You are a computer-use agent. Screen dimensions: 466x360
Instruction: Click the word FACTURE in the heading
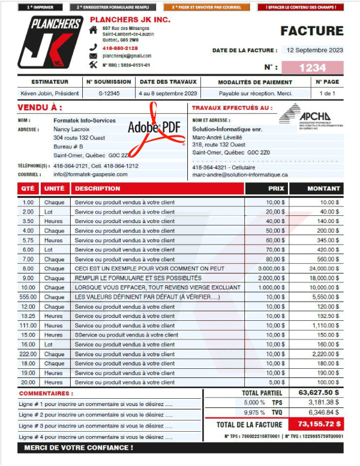click(x=312, y=31)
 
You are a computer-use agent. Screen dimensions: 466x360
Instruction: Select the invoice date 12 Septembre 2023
click(x=314, y=50)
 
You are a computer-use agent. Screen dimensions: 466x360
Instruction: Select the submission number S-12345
click(x=109, y=94)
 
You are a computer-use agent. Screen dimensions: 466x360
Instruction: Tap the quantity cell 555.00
click(x=28, y=297)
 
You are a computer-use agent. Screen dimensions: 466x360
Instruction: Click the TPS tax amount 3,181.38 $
click(x=323, y=402)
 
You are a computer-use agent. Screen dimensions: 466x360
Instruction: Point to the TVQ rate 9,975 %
click(x=254, y=413)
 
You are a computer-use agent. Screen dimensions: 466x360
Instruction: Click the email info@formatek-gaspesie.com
click(x=91, y=174)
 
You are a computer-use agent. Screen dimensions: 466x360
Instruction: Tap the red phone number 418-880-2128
click(x=120, y=47)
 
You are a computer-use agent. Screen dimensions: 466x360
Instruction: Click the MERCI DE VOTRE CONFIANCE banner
click(x=79, y=447)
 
